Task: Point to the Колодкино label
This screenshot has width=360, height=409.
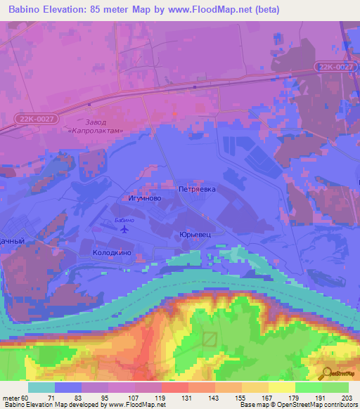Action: click(x=112, y=252)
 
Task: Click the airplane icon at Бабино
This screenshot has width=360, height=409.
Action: click(x=125, y=229)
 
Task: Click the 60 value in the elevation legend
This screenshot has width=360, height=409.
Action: click(x=26, y=398)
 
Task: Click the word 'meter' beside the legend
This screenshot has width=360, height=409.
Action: click(x=11, y=398)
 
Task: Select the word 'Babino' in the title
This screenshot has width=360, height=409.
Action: click(x=27, y=10)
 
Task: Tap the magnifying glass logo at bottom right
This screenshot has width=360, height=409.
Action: click(x=326, y=373)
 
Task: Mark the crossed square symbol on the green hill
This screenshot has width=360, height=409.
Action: click(x=210, y=339)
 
